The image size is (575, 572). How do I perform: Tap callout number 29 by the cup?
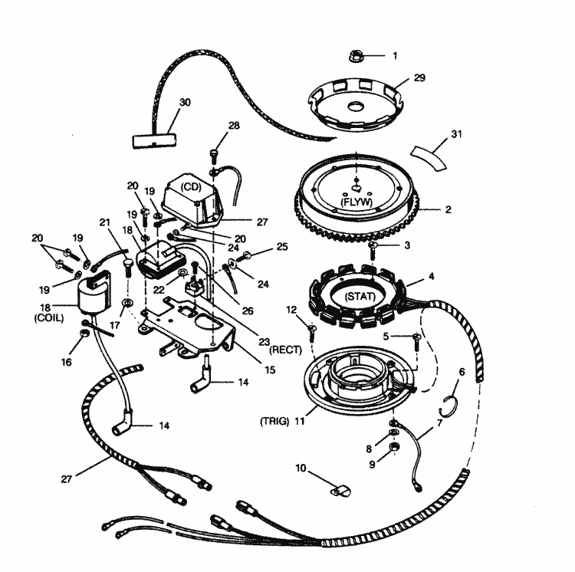[419, 78]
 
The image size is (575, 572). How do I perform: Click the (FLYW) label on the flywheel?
[356, 200]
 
